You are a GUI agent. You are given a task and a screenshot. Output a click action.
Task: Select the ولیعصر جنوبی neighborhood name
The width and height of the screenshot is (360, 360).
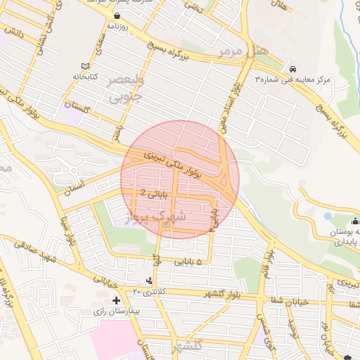[124, 89]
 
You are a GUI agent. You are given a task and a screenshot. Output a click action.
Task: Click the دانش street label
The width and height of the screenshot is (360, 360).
[15, 32]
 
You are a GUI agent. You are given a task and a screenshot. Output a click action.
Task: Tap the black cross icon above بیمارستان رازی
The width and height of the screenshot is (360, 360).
[116, 300]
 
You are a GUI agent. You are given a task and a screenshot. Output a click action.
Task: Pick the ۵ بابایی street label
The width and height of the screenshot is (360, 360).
[188, 262]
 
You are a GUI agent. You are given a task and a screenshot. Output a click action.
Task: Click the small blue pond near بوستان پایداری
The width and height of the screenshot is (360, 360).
[328, 216]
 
